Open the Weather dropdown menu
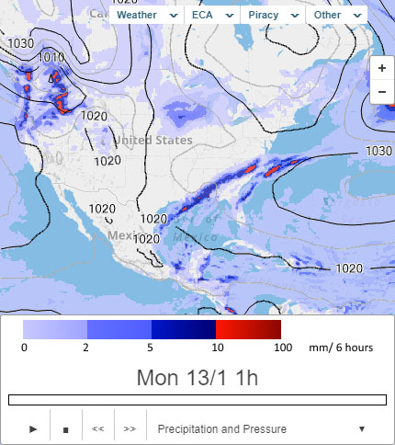148,15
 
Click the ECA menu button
212,15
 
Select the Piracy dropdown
271,15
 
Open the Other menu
335,15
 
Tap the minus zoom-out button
381,91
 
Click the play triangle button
33,428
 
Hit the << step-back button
97,428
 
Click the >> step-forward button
130,428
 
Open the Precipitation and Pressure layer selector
262,428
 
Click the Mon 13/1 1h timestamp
197,377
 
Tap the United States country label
153,140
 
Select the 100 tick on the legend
283,348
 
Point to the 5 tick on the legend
151,348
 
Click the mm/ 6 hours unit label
339,348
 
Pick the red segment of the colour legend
248,329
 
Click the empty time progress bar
197,400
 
